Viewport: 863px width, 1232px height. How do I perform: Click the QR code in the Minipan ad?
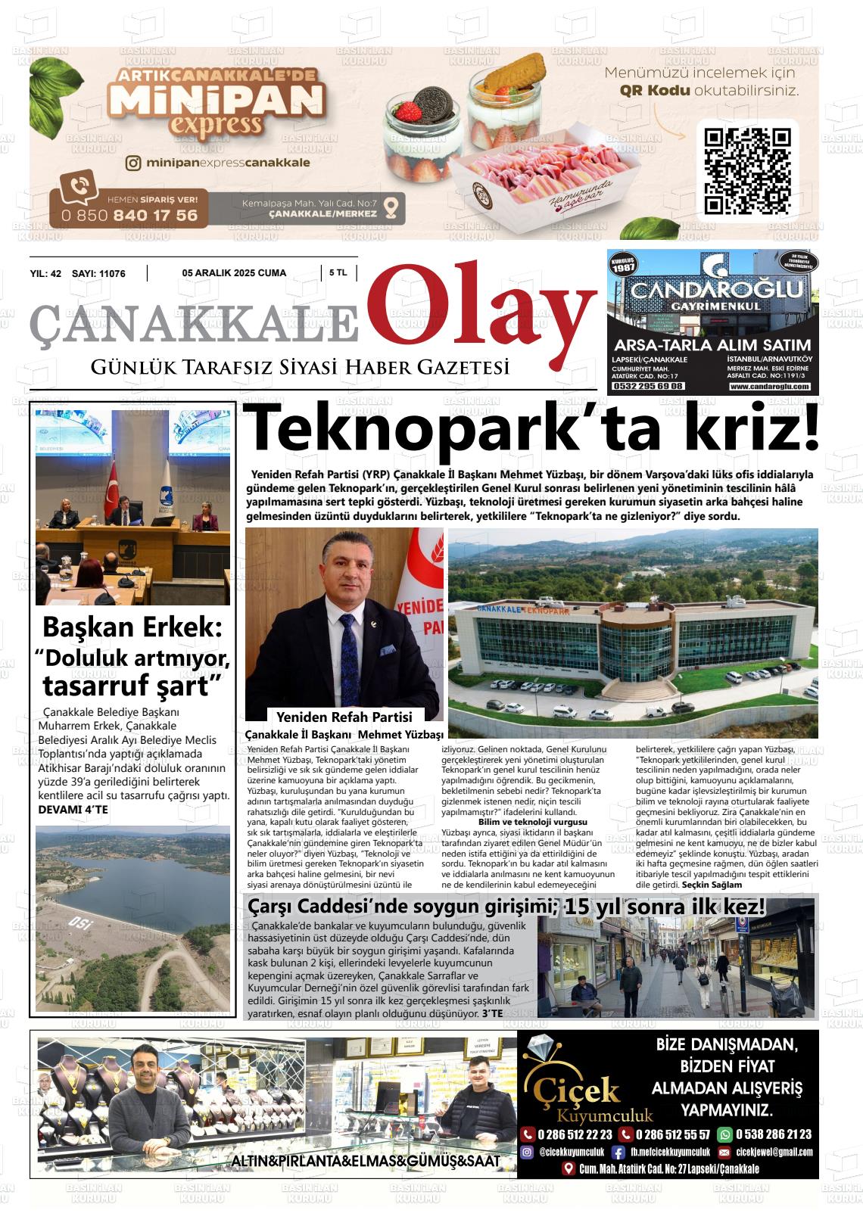[748, 171]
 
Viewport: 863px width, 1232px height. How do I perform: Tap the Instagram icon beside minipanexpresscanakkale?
[133, 163]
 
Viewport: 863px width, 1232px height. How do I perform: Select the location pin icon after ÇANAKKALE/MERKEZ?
[391, 207]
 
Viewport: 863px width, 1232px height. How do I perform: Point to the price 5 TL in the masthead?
[338, 273]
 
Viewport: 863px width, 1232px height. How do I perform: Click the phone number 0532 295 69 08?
[648, 386]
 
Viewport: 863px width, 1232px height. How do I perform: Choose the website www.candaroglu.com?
[770, 387]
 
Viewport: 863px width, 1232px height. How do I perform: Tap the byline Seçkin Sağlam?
[712, 885]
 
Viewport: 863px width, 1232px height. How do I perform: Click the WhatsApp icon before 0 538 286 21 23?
[725, 1134]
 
